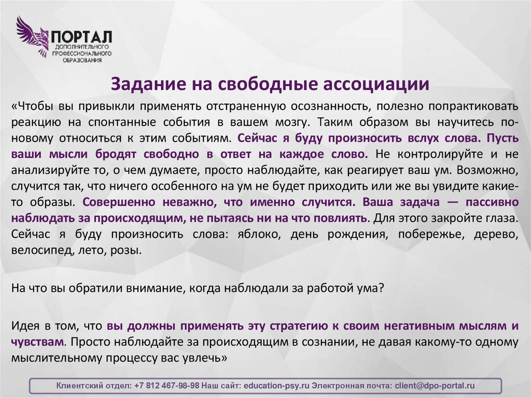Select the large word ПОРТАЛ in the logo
pyautogui.click(x=81, y=37)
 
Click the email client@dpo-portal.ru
pyautogui.click(x=435, y=386)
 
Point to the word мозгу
pyautogui.click(x=287, y=123)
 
